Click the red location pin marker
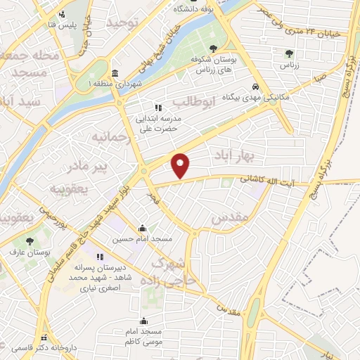[x=181, y=165]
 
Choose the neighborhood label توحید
[x=122, y=22]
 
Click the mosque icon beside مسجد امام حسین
[x=143, y=229]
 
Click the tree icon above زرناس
[x=288, y=53]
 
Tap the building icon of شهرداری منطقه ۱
[x=115, y=74]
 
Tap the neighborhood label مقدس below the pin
[x=231, y=219]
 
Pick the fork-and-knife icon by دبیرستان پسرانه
[x=99, y=257]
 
